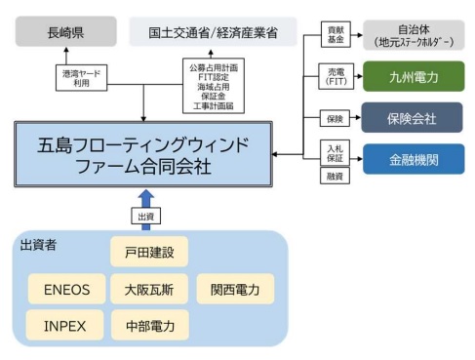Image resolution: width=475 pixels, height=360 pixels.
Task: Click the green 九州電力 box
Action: click(413, 73)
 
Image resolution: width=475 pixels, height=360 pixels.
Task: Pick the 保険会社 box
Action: click(413, 118)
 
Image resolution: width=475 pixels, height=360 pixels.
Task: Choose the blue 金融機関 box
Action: click(413, 157)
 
